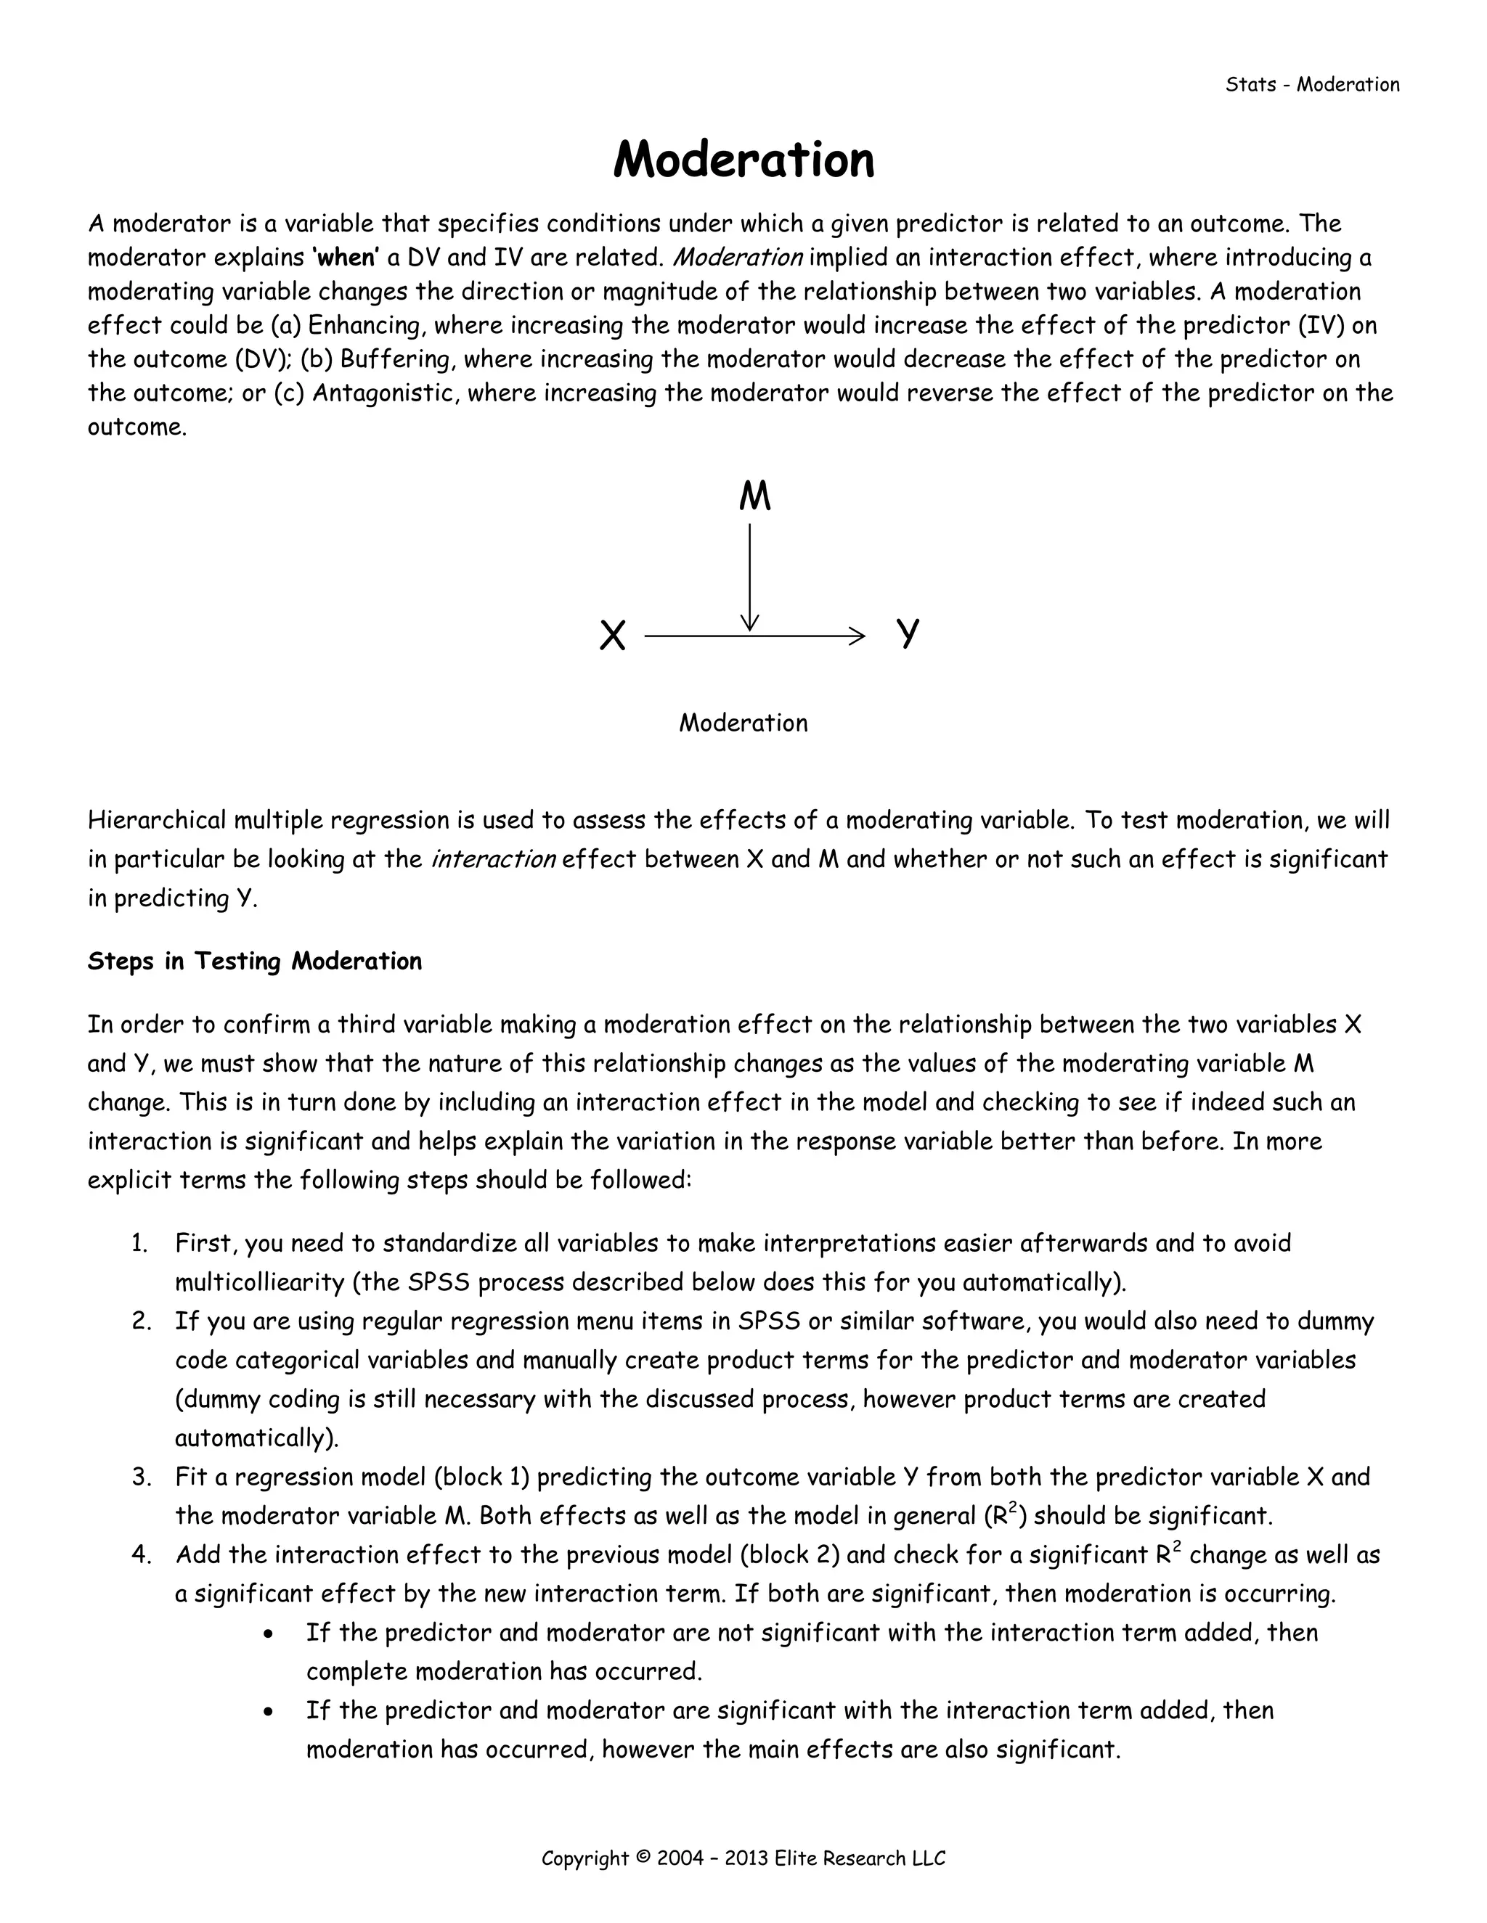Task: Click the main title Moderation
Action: pos(743,160)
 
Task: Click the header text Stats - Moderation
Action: pos(1312,84)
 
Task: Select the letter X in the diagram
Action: pos(612,635)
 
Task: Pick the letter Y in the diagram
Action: pos(908,633)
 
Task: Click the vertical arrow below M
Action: pos(749,577)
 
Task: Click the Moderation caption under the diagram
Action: pos(743,723)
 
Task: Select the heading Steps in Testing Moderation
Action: pos(255,961)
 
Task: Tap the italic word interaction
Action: pos(492,858)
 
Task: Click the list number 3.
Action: pos(142,1477)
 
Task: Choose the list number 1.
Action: pos(139,1243)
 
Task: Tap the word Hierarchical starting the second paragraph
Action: pos(157,820)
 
